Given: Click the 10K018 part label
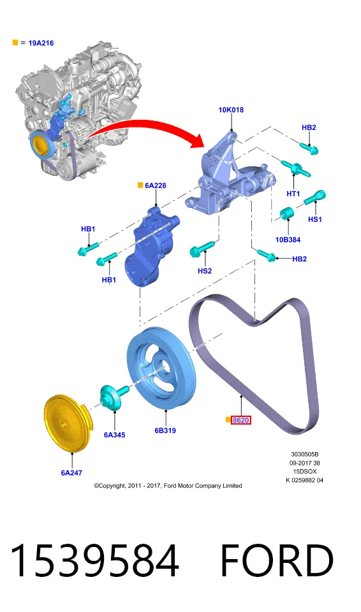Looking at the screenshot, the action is pyautogui.click(x=231, y=110).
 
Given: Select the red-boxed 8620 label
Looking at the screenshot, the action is pyautogui.click(x=240, y=420).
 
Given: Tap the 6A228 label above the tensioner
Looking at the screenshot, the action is pyautogui.click(x=156, y=186).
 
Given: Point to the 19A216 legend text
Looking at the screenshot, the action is pyautogui.click(x=41, y=43).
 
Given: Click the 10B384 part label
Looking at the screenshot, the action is pyautogui.click(x=288, y=240).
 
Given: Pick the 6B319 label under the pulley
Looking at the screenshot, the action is pyautogui.click(x=165, y=430).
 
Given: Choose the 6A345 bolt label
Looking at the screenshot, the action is pyautogui.click(x=114, y=435).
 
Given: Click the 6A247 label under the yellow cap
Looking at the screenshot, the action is pyautogui.click(x=71, y=472).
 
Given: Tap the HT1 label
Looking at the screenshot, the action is pyautogui.click(x=293, y=194).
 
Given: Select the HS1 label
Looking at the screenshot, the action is pyautogui.click(x=315, y=219).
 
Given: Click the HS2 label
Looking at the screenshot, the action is pyautogui.click(x=205, y=271).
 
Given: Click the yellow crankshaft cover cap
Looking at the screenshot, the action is pyautogui.click(x=67, y=423).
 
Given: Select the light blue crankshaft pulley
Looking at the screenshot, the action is pyautogui.click(x=161, y=368).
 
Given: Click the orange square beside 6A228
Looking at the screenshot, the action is pyautogui.click(x=140, y=186).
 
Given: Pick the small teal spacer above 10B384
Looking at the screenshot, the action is pyautogui.click(x=287, y=214).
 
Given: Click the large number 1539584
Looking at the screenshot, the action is pyautogui.click(x=94, y=560).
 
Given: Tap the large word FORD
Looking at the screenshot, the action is pyautogui.click(x=277, y=560).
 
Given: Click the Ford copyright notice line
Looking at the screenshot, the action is pyautogui.click(x=168, y=486).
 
